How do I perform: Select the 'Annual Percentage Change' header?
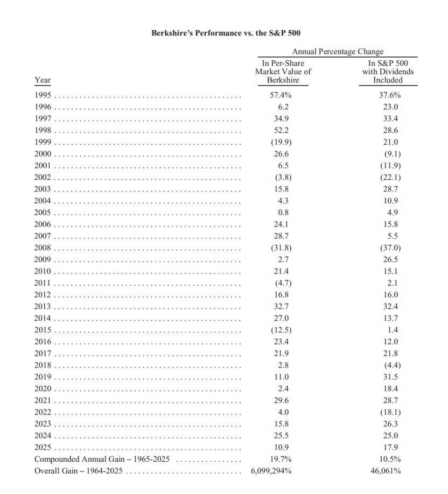338,52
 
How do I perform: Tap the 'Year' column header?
43,80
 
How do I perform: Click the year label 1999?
43,142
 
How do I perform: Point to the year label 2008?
43,248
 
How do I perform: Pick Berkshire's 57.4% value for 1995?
281,95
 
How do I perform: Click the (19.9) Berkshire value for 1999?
280,142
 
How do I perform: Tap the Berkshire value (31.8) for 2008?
280,248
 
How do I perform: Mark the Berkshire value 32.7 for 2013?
280,306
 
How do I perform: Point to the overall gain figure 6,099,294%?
271,471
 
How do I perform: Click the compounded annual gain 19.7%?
281,459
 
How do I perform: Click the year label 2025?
43,447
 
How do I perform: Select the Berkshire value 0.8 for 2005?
280,212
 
